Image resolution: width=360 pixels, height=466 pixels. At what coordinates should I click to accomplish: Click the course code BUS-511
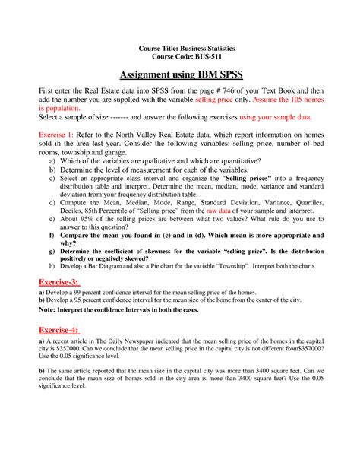pyautogui.click(x=200, y=57)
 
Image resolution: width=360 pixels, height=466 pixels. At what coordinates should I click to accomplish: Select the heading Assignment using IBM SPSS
pyautogui.click(x=179, y=75)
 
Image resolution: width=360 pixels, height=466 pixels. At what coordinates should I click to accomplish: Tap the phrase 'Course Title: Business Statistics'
pyautogui.click(x=180, y=48)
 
